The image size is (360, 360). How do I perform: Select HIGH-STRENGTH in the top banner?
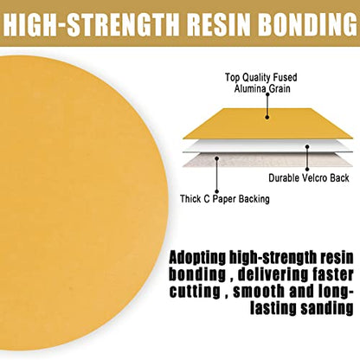point(91,23)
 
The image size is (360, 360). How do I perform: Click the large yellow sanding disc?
point(82,202)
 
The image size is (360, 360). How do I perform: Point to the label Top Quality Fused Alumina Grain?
point(261,83)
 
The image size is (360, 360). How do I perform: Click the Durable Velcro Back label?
point(309,177)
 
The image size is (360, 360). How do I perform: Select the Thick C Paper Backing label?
point(225,199)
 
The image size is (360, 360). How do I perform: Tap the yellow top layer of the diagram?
point(267,124)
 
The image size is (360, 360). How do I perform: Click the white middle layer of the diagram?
point(267,146)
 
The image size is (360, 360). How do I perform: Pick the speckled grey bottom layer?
point(267,160)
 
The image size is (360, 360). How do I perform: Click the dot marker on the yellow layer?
point(267,118)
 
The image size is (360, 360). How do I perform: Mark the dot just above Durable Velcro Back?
point(307,170)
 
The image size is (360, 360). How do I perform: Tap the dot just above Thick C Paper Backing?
point(216,191)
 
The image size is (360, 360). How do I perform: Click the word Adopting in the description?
point(197,258)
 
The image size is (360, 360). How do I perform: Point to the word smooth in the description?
point(259,292)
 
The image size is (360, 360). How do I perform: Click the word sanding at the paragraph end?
point(327,309)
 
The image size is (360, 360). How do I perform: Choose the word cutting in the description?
point(195,292)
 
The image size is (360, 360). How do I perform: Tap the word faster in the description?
point(331,275)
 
